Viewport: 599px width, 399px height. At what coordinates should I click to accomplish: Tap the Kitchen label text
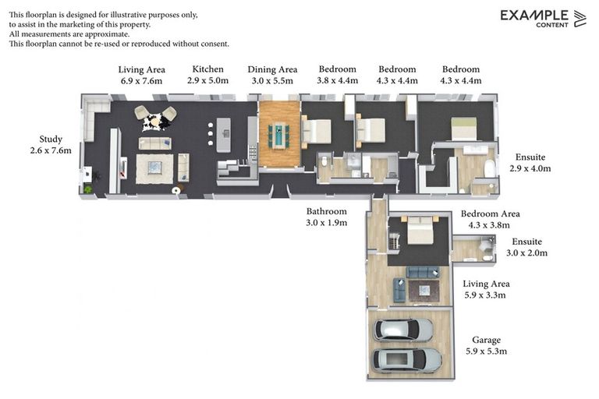click(x=207, y=69)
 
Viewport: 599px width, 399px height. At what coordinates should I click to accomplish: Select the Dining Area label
click(x=272, y=69)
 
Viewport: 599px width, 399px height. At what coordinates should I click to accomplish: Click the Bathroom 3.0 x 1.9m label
click(x=327, y=217)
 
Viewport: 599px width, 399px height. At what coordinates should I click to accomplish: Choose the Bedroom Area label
click(x=490, y=214)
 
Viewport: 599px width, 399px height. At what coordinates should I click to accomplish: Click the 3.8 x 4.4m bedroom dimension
click(x=337, y=80)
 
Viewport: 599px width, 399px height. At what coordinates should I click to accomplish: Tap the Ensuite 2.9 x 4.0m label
click(x=530, y=163)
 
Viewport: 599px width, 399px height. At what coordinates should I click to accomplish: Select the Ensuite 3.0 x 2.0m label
click(x=526, y=247)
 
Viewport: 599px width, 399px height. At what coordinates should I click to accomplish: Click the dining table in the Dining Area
click(x=279, y=135)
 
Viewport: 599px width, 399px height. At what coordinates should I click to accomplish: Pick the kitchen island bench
click(x=224, y=135)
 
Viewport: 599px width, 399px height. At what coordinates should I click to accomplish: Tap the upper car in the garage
click(x=403, y=330)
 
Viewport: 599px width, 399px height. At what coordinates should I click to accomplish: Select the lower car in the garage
click(x=407, y=360)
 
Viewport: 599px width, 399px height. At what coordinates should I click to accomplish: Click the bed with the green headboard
click(x=464, y=129)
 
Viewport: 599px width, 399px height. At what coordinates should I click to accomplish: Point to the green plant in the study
click(x=88, y=189)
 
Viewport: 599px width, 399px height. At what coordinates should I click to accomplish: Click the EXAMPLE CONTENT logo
click(x=543, y=19)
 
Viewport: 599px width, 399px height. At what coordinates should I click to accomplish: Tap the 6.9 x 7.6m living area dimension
click(x=142, y=81)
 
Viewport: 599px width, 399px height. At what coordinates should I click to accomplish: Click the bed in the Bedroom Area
click(x=420, y=230)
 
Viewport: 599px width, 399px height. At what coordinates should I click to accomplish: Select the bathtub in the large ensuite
click(x=489, y=169)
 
